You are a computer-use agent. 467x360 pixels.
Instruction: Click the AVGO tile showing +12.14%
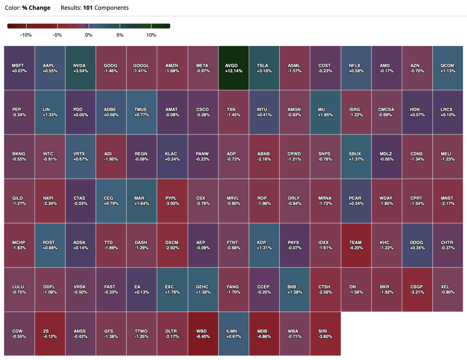coord(233,68)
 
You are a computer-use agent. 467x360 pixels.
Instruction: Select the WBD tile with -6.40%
coord(203,334)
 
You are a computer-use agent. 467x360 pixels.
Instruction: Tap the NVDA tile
coord(81,68)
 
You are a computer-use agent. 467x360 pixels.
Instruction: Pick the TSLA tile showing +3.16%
coord(264,68)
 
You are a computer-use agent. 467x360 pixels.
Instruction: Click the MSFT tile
coord(19,68)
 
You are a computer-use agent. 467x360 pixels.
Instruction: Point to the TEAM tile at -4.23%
coord(356,245)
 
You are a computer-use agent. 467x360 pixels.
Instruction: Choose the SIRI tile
coord(325,334)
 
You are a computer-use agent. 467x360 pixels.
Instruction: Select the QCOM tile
coord(448,68)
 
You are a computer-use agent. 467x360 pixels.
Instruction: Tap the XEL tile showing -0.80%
coord(448,289)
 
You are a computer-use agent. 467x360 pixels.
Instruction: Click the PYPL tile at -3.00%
coord(172,201)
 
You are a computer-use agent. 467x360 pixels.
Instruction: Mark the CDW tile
coord(19,334)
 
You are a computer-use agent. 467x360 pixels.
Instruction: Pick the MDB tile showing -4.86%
coord(264,334)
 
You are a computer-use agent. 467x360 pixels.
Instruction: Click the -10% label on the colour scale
coord(26,35)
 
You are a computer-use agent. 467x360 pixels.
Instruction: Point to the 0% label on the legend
coord(89,35)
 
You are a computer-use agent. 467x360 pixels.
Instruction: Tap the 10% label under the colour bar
coord(151,35)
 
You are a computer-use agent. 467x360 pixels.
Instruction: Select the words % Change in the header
coord(36,8)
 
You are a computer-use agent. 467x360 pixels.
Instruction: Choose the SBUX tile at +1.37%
coord(356,156)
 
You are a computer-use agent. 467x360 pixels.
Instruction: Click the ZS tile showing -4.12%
coord(50,334)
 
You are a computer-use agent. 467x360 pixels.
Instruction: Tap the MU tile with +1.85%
coord(325,112)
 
